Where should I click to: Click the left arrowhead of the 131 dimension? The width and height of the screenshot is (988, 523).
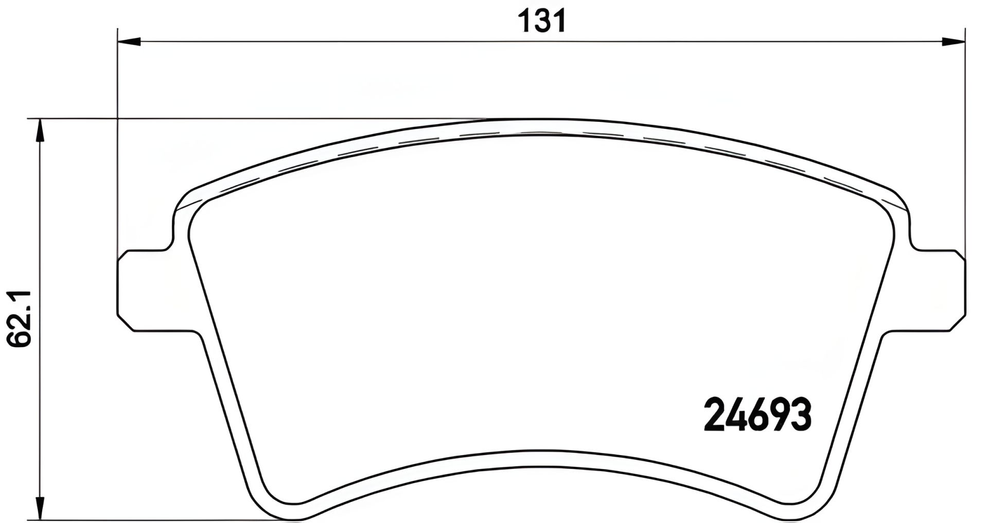pyautogui.click(x=129, y=42)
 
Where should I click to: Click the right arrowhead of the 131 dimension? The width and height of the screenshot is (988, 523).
pyautogui.click(x=953, y=42)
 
